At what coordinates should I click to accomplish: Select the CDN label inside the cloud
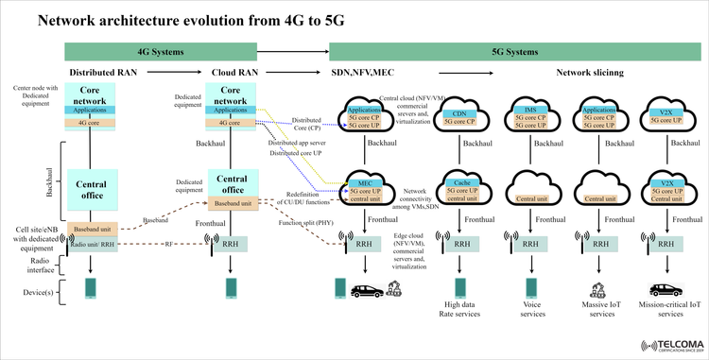(x=460, y=112)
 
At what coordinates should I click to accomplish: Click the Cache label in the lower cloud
(x=461, y=182)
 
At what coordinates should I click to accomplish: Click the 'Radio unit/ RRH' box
(x=92, y=243)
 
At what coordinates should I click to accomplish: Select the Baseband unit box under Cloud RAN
(x=233, y=202)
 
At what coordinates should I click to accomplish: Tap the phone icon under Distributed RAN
(x=92, y=286)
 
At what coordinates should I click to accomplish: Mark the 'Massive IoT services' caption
(x=597, y=309)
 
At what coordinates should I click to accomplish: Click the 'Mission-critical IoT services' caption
(x=668, y=309)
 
